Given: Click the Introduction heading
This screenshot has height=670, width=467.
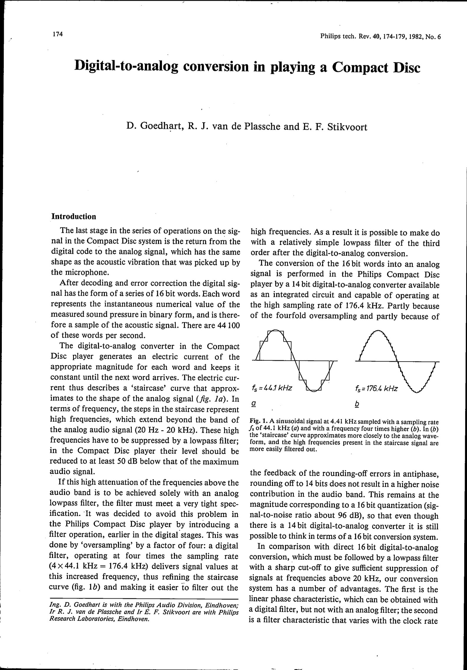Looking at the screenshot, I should point(74,217).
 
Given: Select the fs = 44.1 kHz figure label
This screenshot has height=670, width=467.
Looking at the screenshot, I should point(272,388).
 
